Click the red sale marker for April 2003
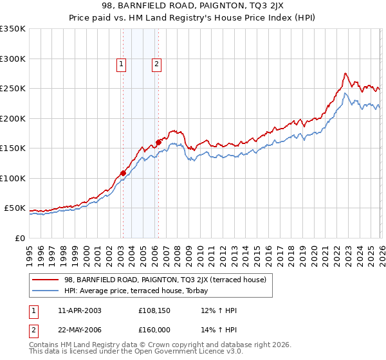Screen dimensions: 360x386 coord(122,173)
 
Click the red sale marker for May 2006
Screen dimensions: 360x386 coord(158,142)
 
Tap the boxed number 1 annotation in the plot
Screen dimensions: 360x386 coord(122,64)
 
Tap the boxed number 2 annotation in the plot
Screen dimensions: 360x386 coord(156,64)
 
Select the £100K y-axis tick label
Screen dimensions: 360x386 coord(13,179)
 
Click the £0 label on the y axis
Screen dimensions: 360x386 coord(19,239)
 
